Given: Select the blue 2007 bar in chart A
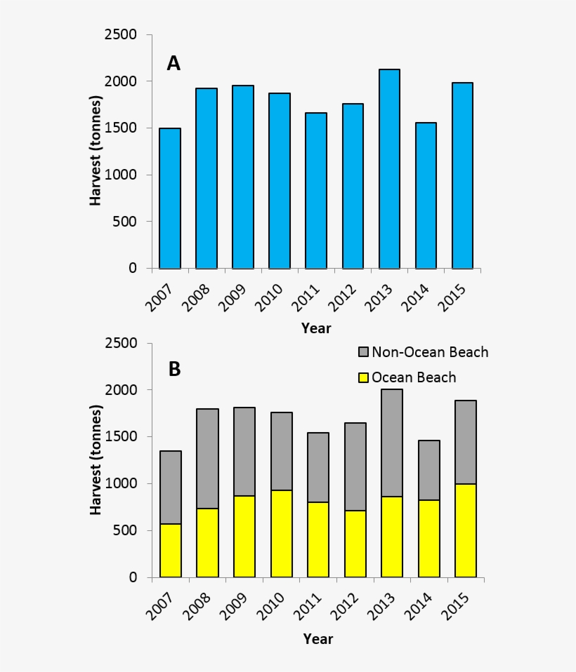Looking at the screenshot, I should tap(170, 199).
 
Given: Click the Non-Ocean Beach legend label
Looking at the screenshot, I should tap(430, 352).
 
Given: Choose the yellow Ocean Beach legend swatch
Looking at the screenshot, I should tap(363, 377).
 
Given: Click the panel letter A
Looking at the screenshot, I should tap(174, 64).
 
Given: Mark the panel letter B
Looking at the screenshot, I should tap(174, 370).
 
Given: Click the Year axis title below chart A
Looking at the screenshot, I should tap(316, 328).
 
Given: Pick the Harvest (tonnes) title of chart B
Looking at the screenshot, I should tap(96, 460).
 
